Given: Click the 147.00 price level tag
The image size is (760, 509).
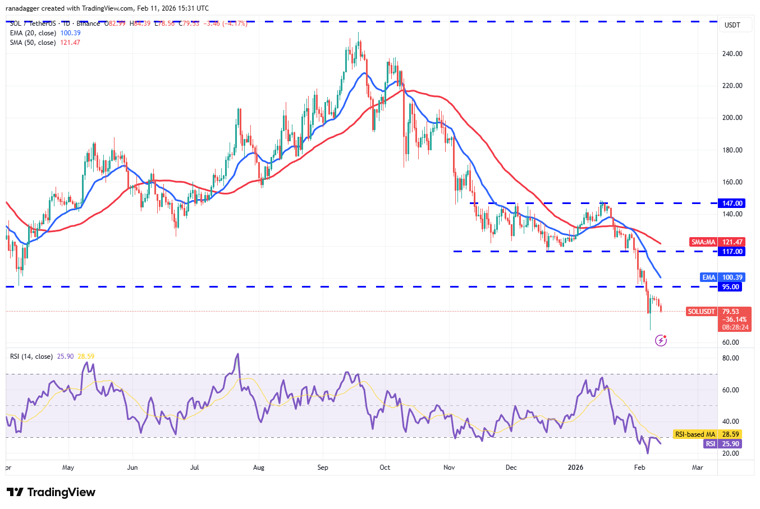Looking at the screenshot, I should coord(732,203).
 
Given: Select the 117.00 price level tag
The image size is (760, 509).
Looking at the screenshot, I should coord(732,252).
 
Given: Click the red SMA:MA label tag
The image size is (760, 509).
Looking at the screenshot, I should coord(703,242).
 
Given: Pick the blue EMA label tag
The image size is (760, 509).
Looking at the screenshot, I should coord(709,277).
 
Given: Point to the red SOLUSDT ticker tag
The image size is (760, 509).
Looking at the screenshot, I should coord(702,312).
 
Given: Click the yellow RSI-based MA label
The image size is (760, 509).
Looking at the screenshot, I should coord(695,434).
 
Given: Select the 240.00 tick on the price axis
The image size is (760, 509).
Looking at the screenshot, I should coord(732,54).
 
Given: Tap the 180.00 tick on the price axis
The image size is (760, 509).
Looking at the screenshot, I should coord(732,150).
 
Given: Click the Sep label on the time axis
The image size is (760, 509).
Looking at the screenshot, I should coord(323,468).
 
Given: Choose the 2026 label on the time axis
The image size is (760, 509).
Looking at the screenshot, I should coord(575,468).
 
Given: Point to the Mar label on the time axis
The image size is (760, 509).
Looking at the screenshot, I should coord(698,468).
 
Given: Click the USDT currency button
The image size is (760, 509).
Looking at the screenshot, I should coord(732,25).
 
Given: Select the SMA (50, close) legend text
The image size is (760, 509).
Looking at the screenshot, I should coord(33,43).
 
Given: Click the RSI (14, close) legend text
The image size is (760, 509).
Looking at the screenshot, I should coord(31,357).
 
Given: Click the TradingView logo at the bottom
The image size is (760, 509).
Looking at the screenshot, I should coord(51,492).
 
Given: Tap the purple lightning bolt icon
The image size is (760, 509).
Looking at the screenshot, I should coord(661,340).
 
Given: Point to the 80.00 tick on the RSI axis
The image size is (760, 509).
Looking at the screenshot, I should coord(731,358).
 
